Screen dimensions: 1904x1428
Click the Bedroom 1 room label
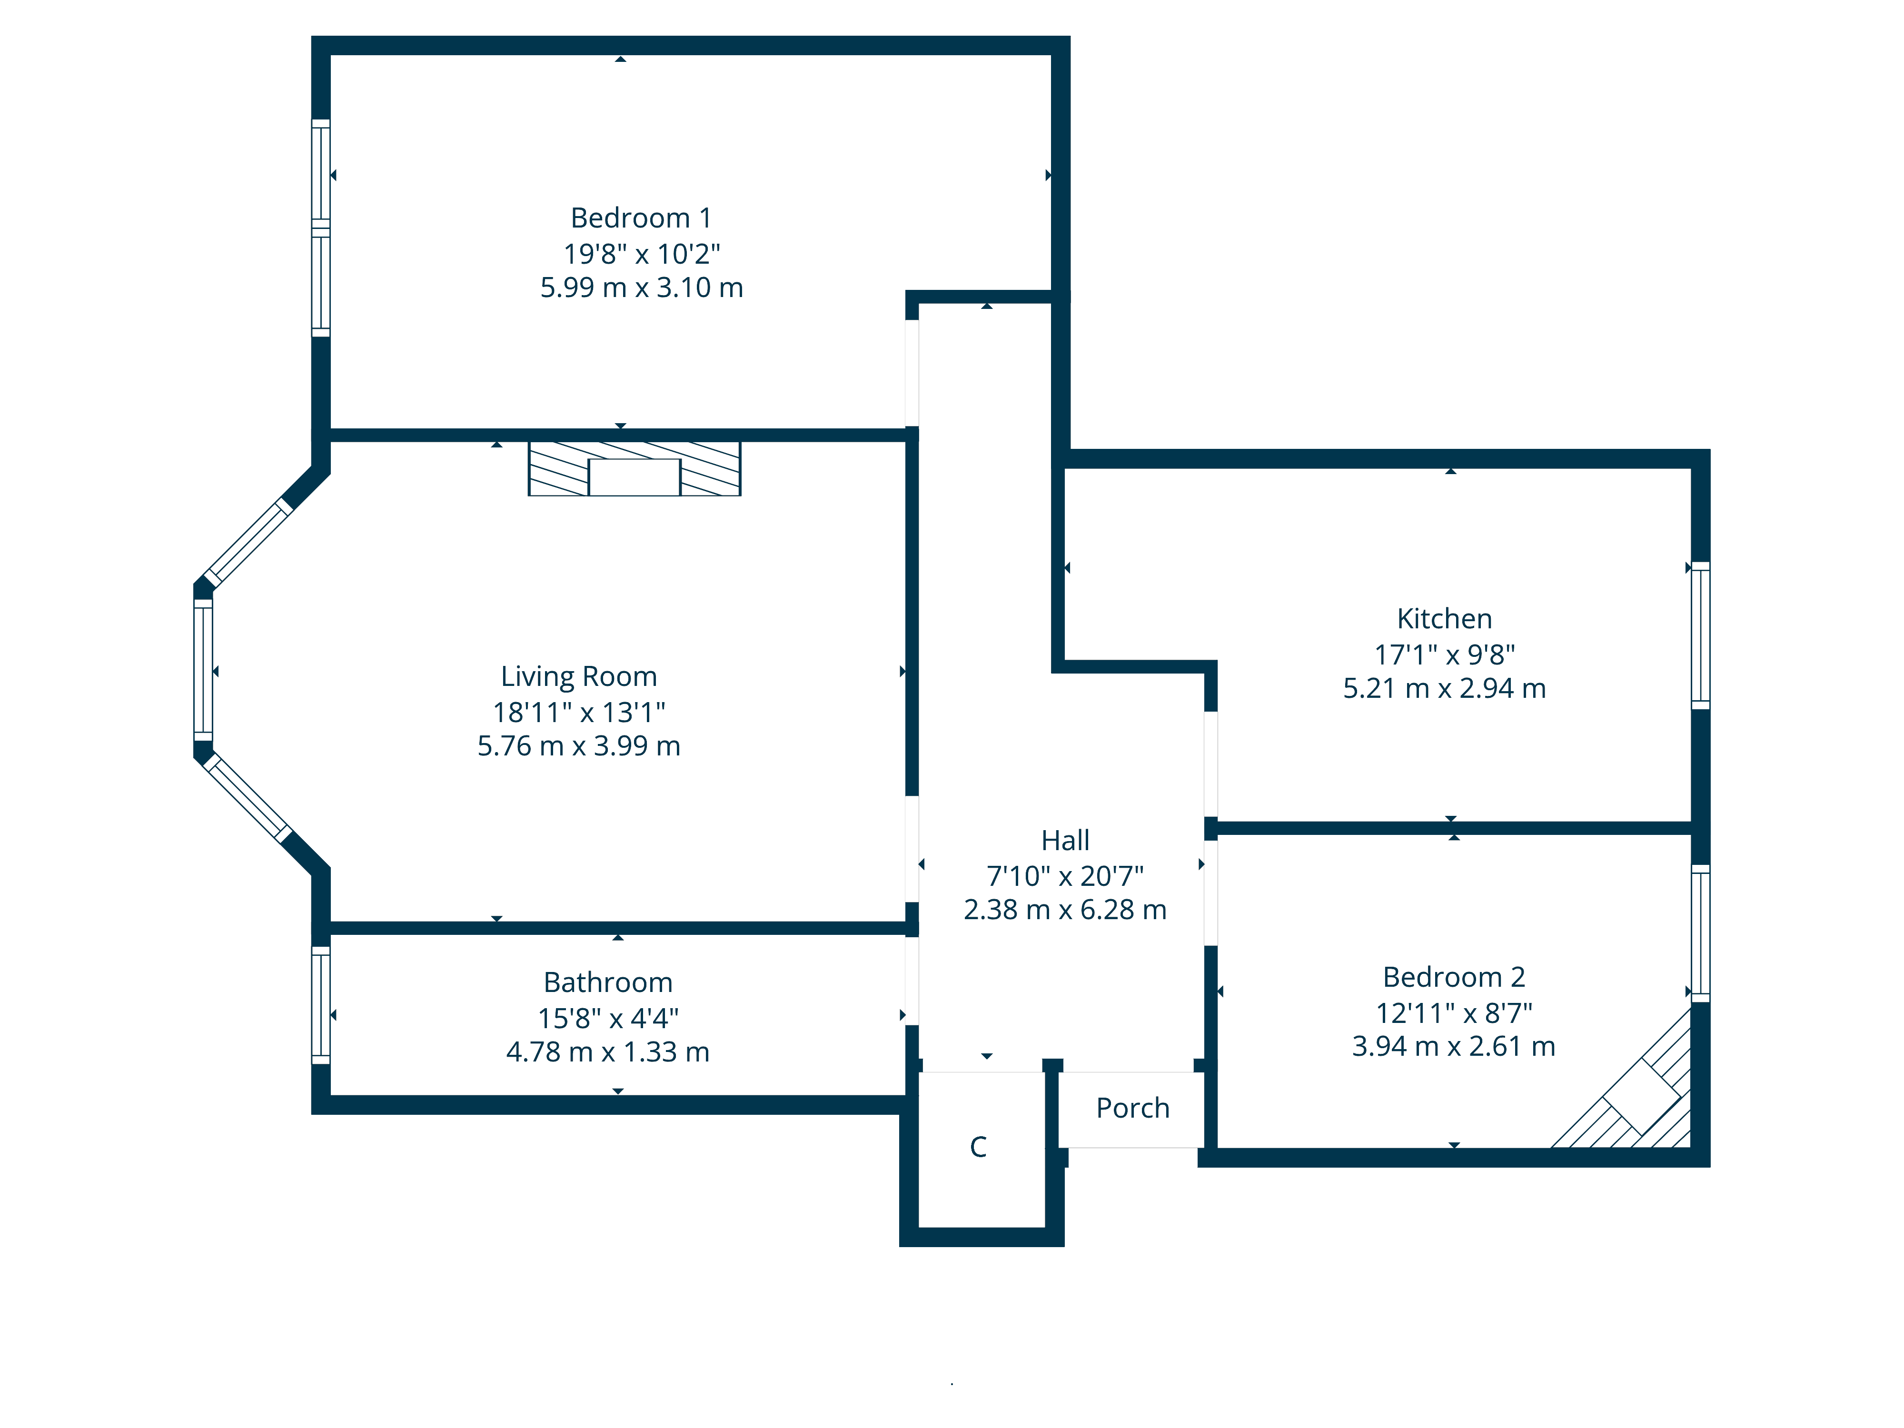coord(641,218)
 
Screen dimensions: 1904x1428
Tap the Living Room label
coord(578,676)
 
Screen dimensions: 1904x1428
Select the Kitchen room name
coord(1444,619)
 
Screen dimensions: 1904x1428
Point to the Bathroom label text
coord(608,982)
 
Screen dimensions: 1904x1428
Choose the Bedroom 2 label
coord(1454,977)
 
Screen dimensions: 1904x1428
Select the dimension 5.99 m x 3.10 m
coord(641,288)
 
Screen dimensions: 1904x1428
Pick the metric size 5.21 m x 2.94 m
coord(1444,689)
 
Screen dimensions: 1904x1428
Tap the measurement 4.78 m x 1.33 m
coord(608,1052)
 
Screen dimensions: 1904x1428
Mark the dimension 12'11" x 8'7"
coord(1454,1013)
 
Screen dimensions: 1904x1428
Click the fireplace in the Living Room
coord(635,469)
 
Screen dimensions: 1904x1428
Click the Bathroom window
coord(320,1005)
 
